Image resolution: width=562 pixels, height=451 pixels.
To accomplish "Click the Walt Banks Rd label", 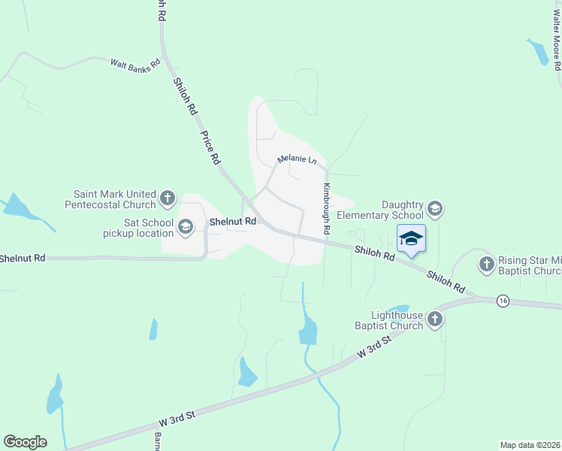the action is [x=136, y=65].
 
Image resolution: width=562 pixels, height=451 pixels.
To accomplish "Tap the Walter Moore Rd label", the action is [x=557, y=45].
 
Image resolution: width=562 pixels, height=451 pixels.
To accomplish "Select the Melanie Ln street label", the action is [x=297, y=160].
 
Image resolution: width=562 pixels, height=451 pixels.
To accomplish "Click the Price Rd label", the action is [x=210, y=148].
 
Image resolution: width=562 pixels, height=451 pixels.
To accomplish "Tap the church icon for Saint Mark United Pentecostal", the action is [x=168, y=199].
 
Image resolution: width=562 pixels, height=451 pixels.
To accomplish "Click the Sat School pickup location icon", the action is [x=186, y=225].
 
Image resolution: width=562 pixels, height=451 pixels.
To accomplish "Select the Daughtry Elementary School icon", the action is [x=434, y=208].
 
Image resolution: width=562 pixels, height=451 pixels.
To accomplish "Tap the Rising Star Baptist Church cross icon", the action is [x=486, y=264].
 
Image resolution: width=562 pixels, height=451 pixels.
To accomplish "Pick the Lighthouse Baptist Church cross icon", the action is [x=434, y=320].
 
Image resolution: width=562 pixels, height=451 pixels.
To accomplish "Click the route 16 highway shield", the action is [x=503, y=300].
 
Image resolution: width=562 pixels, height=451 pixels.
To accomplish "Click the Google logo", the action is [x=25, y=442].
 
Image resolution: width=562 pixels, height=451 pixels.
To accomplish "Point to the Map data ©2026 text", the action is [x=530, y=445].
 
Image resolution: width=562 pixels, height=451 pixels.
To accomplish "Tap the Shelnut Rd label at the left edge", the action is [x=23, y=258].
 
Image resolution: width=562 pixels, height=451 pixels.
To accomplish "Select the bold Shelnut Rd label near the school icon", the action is [x=233, y=222].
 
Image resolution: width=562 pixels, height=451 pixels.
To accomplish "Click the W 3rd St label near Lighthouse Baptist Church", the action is [x=375, y=347].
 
